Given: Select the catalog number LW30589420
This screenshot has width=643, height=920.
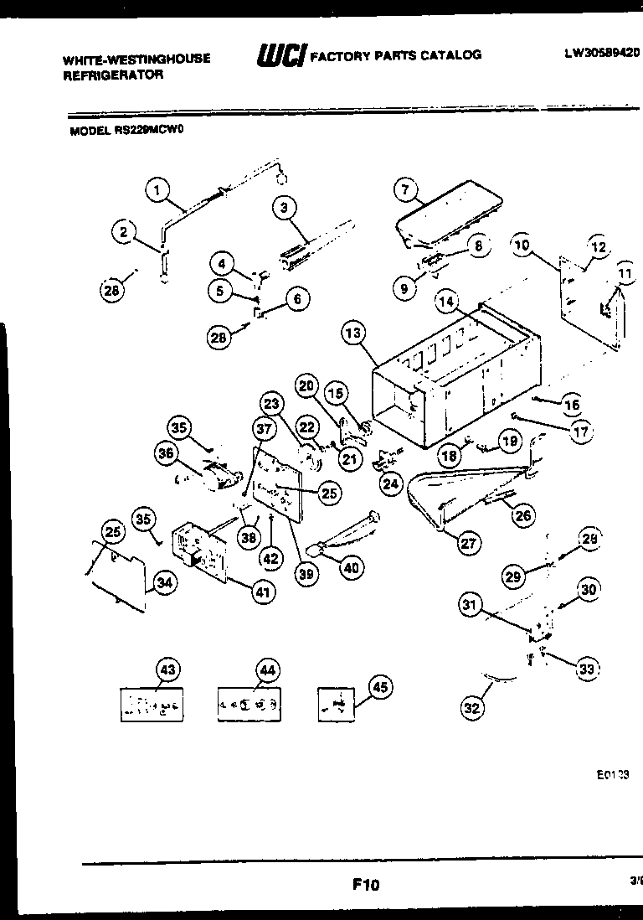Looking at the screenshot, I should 600,53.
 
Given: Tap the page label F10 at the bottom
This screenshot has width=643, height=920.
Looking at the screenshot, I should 365,883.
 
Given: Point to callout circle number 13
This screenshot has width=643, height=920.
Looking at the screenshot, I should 354,334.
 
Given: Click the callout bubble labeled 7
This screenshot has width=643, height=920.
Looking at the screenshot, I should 405,190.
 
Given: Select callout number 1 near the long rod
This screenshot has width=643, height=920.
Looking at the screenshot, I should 157,190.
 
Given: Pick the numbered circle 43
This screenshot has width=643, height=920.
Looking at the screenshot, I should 168,669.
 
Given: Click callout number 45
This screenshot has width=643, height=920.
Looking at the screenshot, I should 380,687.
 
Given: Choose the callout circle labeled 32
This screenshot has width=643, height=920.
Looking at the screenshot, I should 473,708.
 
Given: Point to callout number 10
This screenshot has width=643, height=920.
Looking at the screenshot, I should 522,246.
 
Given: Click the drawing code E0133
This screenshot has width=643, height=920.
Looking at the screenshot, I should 613,776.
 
